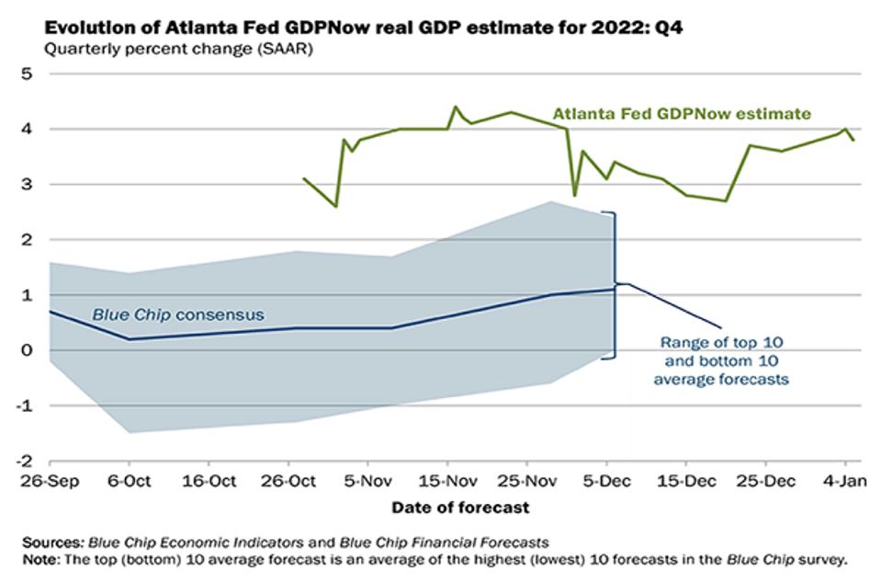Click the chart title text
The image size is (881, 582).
364,28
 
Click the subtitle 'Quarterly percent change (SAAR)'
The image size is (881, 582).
178,49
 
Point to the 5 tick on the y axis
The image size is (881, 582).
27,74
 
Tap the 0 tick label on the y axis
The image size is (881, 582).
27,350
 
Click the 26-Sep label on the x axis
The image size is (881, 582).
50,482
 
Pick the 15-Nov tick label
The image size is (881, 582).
447,482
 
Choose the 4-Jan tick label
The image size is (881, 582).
844,482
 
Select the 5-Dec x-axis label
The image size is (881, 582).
606,482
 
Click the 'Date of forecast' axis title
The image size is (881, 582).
460,508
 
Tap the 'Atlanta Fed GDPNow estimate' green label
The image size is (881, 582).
682,114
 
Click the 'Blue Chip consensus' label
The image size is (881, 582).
178,314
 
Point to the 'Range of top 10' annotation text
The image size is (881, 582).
721,342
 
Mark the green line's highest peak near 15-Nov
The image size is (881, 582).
455,107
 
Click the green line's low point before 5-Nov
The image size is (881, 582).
336,206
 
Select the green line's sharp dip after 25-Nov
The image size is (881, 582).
574,196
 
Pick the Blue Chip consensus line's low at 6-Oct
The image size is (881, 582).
130,339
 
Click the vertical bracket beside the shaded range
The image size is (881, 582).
615,285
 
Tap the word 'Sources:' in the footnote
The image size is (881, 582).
54,542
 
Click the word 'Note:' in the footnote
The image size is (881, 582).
41,560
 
